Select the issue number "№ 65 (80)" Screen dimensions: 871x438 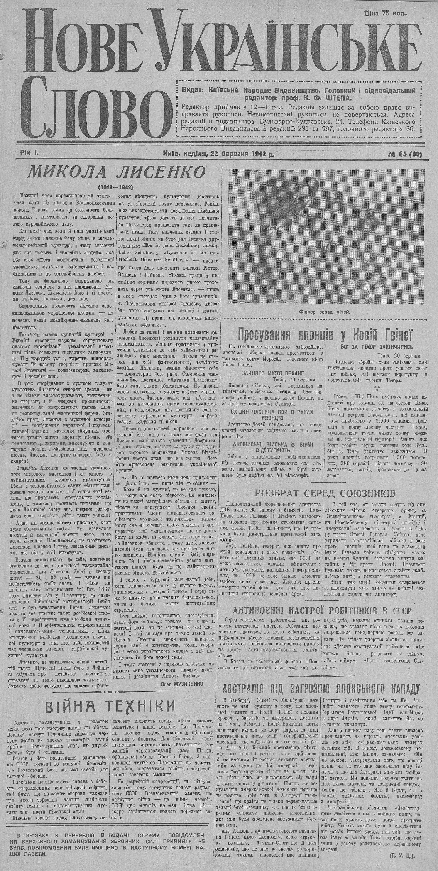click(405, 154)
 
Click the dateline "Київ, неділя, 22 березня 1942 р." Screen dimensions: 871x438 click(218, 154)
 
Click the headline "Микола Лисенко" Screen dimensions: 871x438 click(117, 172)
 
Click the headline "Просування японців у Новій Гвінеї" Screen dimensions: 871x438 click(324, 335)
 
